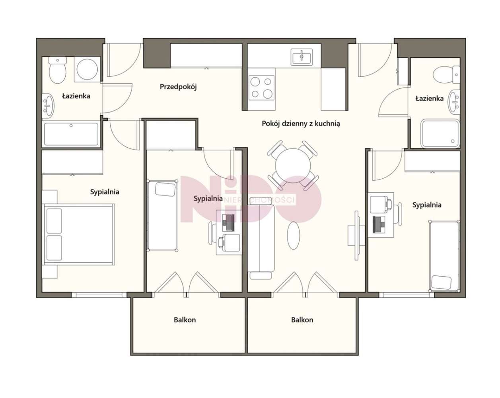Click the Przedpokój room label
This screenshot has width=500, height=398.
pos(178,87)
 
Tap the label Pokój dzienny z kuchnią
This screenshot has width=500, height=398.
pos(301,123)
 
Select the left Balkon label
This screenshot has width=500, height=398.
pos(185,320)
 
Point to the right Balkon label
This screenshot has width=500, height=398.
pos(302,320)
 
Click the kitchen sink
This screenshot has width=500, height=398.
pos(302,57)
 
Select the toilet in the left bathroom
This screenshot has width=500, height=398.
pos(57,70)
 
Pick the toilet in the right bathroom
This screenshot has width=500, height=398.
pos(446,75)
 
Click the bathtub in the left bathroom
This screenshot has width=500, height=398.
pos(71,135)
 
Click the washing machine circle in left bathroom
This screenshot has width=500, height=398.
pos(87,69)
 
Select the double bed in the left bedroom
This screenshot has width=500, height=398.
pos(78,234)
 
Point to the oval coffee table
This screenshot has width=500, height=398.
pos(294,236)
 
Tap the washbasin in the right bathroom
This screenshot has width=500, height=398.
pos(454,103)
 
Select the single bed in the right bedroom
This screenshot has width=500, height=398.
pos(444,256)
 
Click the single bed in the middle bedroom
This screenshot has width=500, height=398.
pos(162,215)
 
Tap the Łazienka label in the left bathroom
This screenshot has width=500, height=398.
pos(76,96)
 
